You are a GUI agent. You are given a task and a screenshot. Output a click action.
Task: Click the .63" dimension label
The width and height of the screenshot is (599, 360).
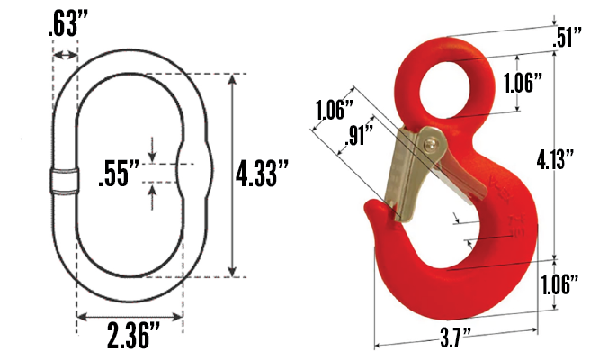click(68, 23)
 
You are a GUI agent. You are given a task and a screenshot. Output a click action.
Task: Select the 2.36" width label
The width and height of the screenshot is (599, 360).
click(133, 335)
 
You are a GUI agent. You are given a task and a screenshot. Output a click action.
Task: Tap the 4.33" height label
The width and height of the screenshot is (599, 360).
click(262, 173)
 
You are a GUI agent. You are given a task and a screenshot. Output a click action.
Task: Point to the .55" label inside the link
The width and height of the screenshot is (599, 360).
click(119, 174)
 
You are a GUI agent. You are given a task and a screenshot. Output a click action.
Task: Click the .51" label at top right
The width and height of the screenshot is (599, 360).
click(568, 37)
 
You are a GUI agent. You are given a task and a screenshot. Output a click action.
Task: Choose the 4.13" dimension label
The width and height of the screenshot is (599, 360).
click(556, 159)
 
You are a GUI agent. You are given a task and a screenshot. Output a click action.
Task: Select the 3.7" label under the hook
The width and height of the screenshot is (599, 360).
click(456, 337)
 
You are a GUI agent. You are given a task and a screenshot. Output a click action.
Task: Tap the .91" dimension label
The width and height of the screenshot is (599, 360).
click(359, 134)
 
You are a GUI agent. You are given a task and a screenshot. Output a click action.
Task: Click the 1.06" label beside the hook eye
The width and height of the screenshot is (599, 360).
click(523, 83)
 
